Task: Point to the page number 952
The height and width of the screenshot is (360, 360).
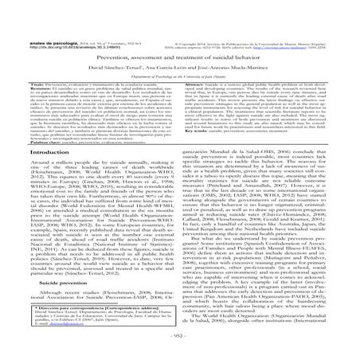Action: [179, 350]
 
